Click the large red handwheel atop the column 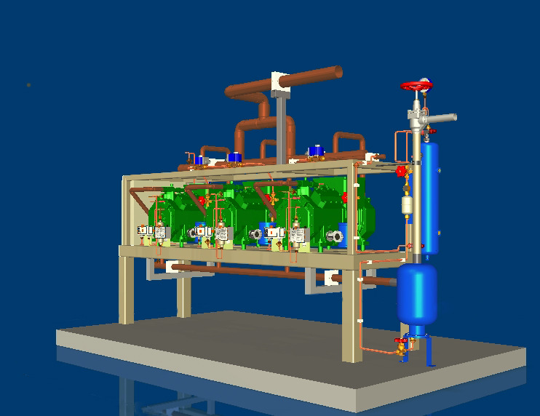point(417,85)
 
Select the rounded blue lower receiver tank point(417,292)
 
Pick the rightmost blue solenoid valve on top point(315,151)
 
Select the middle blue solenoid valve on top point(234,156)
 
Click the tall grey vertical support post point(281,127)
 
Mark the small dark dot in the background point(28,85)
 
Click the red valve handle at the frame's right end point(400,172)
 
